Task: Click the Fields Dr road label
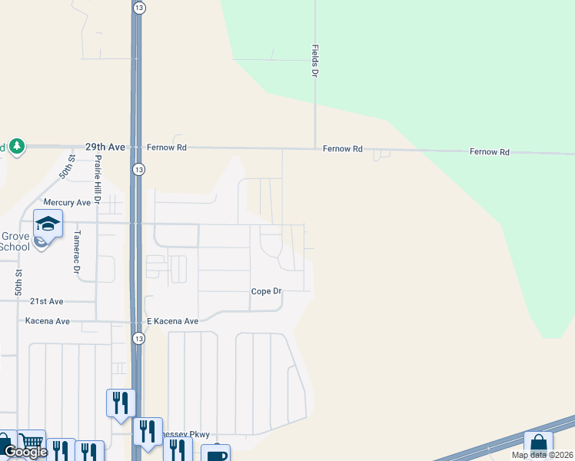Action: (314, 61)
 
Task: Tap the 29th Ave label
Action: (105, 146)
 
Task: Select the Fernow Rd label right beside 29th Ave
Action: (168, 147)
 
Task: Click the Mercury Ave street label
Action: (67, 203)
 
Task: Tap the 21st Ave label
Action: (46, 302)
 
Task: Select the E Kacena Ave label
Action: (173, 321)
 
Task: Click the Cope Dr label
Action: (267, 292)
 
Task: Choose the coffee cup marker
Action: (215, 454)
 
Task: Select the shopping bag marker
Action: (538, 445)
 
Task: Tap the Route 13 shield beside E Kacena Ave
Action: (138, 338)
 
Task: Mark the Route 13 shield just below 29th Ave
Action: (138, 169)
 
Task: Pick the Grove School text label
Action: (15, 241)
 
